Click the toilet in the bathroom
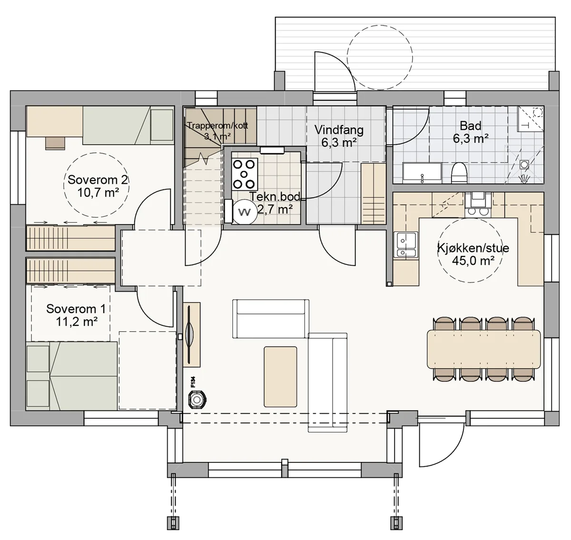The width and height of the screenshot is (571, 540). coord(459,173)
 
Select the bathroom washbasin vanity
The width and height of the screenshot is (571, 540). coord(422,173)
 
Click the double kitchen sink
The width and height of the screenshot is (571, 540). coord(406,245)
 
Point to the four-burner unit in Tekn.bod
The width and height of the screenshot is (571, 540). coord(245,174)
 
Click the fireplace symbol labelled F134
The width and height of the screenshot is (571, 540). coord(197,400)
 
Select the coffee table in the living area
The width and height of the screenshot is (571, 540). coord(280,377)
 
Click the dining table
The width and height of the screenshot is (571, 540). coord(484,349)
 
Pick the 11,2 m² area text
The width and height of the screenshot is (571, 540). coord(77,322)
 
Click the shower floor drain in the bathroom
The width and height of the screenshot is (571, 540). coord(524,165)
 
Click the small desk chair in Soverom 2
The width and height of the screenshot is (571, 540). coord(55,144)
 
